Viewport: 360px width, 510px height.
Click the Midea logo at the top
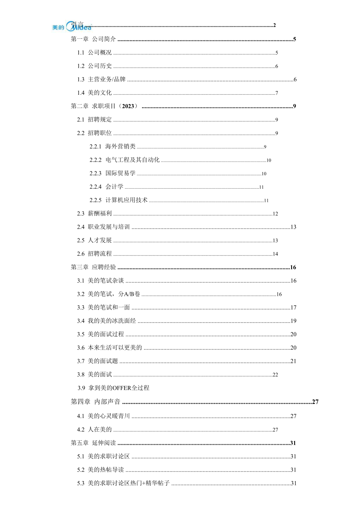pyautogui.click(x=72, y=27)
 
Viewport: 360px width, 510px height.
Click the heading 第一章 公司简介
pyautogui.click(x=94, y=39)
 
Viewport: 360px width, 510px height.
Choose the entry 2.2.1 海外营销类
pyautogui.click(x=112, y=147)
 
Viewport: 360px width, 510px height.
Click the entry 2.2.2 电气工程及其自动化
pyautogui.click(x=124, y=160)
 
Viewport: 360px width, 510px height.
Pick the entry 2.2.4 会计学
pyautogui.click(x=106, y=187)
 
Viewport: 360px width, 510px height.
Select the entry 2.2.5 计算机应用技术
pyautogui.click(x=119, y=200)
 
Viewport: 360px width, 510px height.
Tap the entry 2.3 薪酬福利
pyautogui.click(x=95, y=214)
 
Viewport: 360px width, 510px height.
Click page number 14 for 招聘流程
pyautogui.click(x=275, y=254)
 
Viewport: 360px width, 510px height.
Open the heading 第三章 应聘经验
pyautogui.click(x=94, y=267)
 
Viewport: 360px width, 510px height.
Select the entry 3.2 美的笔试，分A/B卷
pyautogui.click(x=109, y=294)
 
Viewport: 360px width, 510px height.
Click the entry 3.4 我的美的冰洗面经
pyautogui.click(x=106, y=321)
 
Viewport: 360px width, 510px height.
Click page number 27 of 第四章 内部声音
pyautogui.click(x=315, y=402)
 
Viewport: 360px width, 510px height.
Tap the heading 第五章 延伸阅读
pyautogui.click(x=94, y=443)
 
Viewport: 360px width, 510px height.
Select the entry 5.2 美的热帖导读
pyautogui.click(x=101, y=470)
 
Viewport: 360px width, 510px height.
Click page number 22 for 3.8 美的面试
pyautogui.click(x=275, y=375)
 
